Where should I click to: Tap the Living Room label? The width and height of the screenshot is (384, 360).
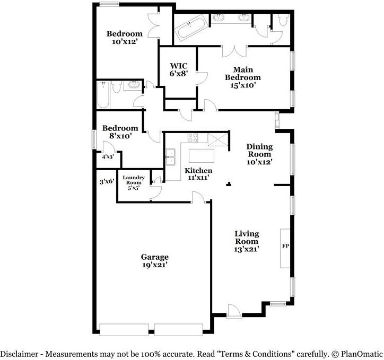(247, 241)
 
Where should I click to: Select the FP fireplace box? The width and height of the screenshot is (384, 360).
(285, 247)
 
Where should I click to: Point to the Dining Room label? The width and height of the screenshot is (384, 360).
(259, 154)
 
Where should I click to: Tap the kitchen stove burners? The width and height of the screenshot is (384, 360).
(193, 138)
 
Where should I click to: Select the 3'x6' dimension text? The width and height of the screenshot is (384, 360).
(107, 182)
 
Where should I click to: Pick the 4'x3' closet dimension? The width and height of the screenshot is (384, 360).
(107, 157)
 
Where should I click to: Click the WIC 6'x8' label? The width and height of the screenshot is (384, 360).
(178, 69)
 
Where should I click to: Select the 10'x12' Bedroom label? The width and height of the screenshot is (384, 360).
(125, 37)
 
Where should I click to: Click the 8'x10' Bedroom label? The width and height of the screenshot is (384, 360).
(120, 132)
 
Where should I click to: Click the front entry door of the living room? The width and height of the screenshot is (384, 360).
(234, 311)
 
